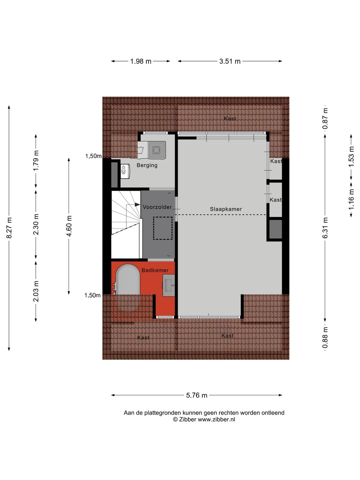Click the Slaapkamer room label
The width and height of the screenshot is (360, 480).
pos(226,209)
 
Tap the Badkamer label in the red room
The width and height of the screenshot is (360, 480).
pos(155,270)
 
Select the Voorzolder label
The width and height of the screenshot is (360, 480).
pos(157,207)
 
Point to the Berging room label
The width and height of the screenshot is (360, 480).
pos(147,165)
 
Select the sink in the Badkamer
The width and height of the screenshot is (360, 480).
pos(168,285)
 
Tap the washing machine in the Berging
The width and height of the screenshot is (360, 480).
pos(156,150)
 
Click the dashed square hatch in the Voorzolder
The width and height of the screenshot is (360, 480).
pos(163,228)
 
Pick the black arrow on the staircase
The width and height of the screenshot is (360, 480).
pos(137,205)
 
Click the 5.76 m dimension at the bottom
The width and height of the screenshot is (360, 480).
pos(197,395)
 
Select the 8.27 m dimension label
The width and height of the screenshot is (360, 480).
pos(9,228)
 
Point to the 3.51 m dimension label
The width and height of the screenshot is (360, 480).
pos(230,61)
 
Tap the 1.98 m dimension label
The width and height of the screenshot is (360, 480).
pos(141,61)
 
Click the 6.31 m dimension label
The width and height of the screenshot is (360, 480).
pos(325,228)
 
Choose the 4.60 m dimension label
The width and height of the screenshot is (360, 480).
pos(69,226)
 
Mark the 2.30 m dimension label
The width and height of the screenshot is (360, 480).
pos(36,224)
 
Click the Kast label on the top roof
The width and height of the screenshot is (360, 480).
pos(230,119)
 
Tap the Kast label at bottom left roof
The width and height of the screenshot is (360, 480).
pos(143,338)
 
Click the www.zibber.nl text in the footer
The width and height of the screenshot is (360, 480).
pos(216,420)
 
